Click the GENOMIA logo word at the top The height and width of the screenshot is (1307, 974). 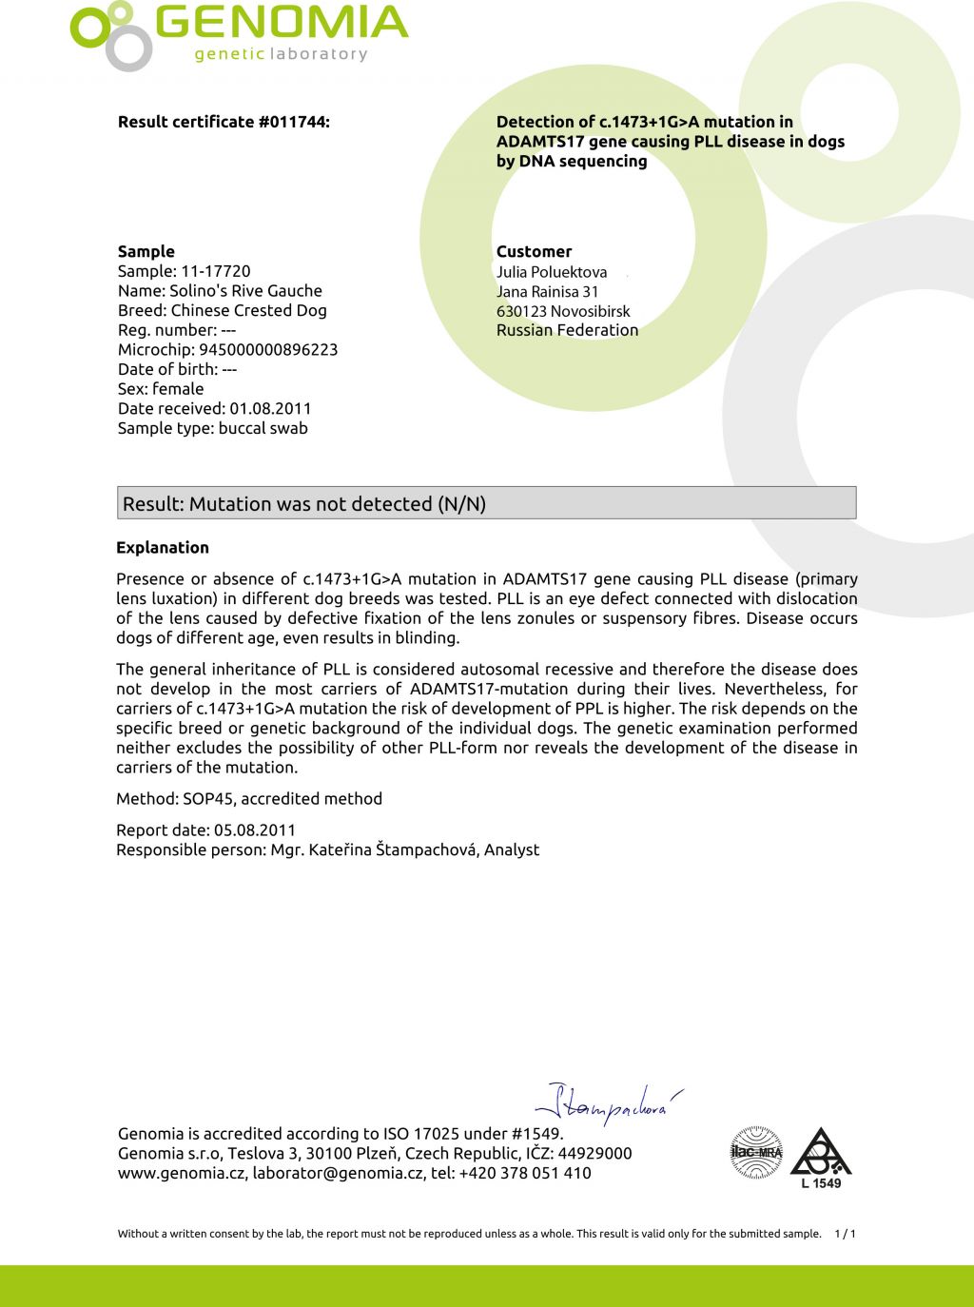pos(282,24)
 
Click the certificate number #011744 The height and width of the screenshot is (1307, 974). pos(293,122)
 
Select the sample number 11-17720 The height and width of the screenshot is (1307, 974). pos(216,271)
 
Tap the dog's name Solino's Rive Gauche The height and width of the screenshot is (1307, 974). pos(245,291)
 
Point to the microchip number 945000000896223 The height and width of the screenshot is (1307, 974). pos(267,349)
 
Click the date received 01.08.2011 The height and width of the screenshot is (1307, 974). pos(270,408)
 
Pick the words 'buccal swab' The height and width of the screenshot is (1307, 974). pos(263,428)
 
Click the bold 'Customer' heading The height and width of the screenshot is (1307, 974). pos(534,251)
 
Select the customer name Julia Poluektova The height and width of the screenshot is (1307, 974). pos(552,272)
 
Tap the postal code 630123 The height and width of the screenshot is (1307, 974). pos(521,311)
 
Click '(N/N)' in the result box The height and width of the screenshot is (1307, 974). pos(461,504)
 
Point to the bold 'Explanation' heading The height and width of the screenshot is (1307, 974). pos(163,547)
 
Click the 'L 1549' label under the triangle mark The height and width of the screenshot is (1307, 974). pos(821,1183)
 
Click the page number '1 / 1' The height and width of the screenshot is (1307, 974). pos(845,1234)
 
